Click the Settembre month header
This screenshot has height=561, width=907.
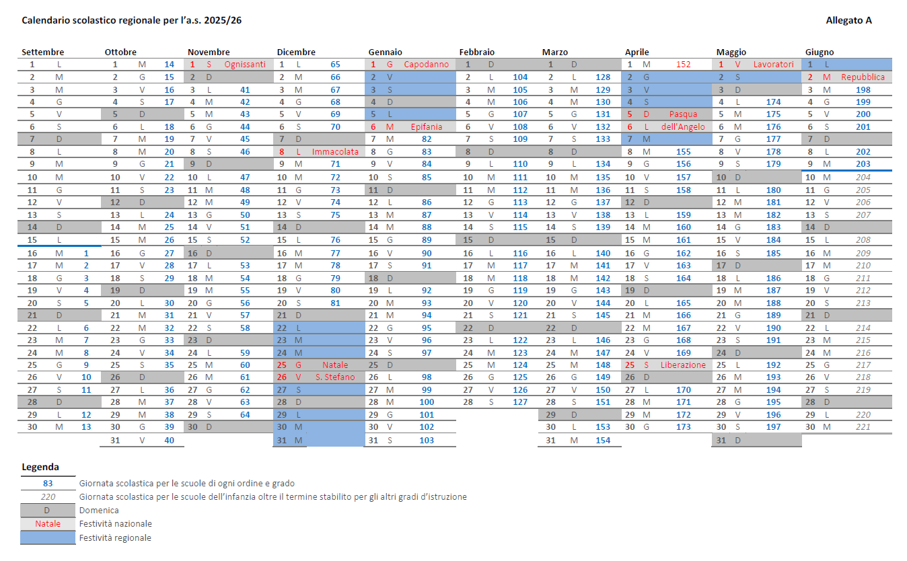point(42,52)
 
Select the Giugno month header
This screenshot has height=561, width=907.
point(819,52)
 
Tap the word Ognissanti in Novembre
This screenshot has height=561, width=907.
point(244,65)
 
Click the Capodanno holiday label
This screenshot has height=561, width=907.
point(426,65)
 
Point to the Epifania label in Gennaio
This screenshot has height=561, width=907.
point(426,126)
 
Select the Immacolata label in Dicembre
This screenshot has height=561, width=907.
point(335,152)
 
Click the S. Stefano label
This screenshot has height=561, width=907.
point(335,377)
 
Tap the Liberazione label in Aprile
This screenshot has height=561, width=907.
point(683,365)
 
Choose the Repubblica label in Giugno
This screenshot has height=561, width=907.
point(863,77)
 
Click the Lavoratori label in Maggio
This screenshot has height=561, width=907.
point(773,65)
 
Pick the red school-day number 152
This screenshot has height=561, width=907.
point(683,65)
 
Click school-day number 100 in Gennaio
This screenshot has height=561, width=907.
point(427,402)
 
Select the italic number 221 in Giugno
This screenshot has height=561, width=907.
point(863,426)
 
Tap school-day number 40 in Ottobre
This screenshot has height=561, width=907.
point(170,441)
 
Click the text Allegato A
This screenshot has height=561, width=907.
point(848,20)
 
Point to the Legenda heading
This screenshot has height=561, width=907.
point(40,467)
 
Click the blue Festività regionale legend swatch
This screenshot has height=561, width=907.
point(48,537)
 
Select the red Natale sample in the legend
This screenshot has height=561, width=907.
point(48,524)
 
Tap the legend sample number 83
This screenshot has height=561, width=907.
point(48,483)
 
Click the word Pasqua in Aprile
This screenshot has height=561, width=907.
point(683,114)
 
